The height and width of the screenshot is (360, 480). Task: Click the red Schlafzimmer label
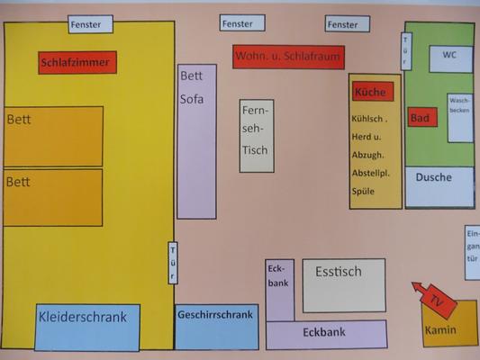click(77, 62)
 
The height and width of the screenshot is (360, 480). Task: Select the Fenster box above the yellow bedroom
click(90, 24)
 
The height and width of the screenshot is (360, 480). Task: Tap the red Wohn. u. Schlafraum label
click(288, 57)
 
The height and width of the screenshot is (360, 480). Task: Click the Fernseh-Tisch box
click(257, 136)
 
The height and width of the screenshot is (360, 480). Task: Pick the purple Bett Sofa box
click(197, 141)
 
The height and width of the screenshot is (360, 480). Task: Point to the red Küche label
click(373, 92)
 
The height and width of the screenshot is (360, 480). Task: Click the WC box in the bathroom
click(450, 59)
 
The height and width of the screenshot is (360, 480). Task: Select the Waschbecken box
click(460, 118)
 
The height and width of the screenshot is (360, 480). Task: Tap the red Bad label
click(422, 117)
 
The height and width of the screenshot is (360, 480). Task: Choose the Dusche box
click(439, 187)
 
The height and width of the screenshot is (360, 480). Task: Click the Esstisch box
click(344, 285)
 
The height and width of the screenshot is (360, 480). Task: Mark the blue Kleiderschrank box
click(87, 327)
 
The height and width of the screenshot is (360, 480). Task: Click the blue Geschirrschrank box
click(217, 327)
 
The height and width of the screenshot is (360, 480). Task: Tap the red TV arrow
click(434, 299)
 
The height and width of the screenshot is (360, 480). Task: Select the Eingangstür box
click(472, 253)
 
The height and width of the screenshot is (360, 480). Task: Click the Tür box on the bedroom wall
click(173, 263)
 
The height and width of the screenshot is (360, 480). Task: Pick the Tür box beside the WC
click(406, 51)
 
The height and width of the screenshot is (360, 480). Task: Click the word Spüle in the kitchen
click(363, 192)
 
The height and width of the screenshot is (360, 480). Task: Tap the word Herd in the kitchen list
click(361, 137)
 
